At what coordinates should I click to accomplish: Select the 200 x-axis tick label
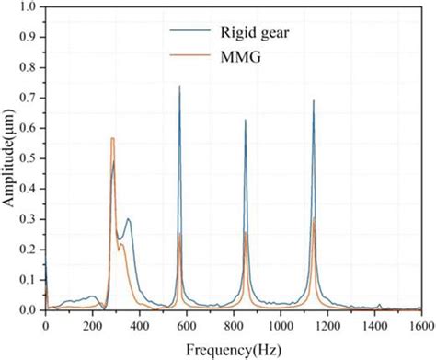coord(92,325)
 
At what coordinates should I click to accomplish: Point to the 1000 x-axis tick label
coord(280,325)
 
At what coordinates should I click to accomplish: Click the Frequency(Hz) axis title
coord(232,349)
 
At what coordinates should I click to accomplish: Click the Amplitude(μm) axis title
coord(8,158)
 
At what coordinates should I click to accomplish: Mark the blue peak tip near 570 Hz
coord(179,86)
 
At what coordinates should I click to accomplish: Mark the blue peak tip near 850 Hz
coord(246,120)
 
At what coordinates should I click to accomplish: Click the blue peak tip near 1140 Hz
coord(314,100)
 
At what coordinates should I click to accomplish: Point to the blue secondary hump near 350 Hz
coord(128,219)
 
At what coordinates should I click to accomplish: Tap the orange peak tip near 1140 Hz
coord(314,218)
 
